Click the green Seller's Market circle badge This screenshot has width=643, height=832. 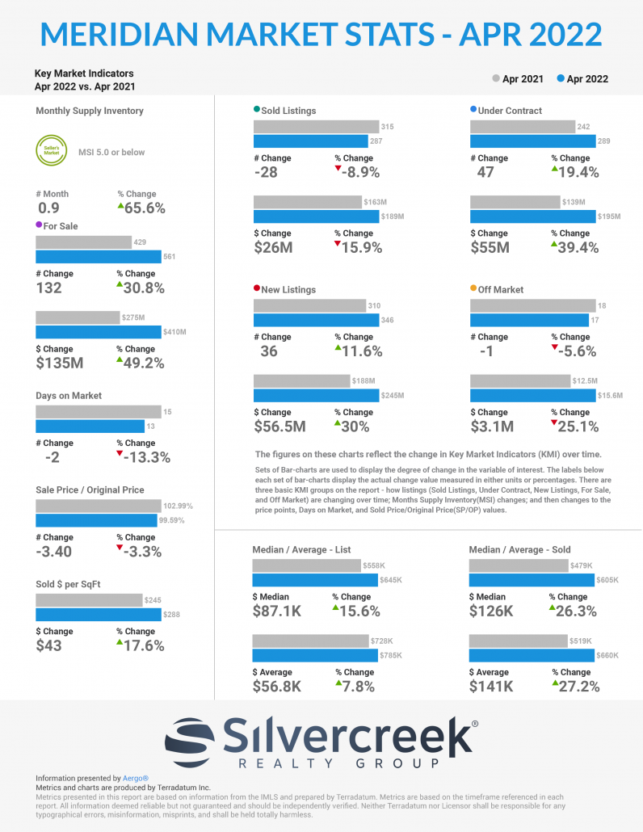tap(51, 152)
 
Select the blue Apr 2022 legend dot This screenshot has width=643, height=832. tap(561, 79)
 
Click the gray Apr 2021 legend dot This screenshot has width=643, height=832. tap(496, 79)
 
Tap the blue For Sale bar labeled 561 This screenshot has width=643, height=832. tap(98, 257)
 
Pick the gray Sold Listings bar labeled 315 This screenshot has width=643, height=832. tap(316, 127)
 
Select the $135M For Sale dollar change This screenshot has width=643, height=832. tap(60, 363)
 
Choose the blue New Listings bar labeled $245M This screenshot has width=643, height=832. tap(316, 396)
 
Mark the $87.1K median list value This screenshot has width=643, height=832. tap(277, 611)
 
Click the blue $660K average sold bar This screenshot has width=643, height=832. tap(532, 655)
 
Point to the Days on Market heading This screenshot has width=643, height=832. tap(69, 396)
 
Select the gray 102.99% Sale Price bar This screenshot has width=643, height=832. tap(98, 506)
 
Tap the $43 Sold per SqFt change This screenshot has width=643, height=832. tap(49, 645)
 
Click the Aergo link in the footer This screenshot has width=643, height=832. tap(136, 778)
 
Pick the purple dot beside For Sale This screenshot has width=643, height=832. tap(39, 225)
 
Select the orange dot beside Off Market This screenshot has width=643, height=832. tap(473, 288)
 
